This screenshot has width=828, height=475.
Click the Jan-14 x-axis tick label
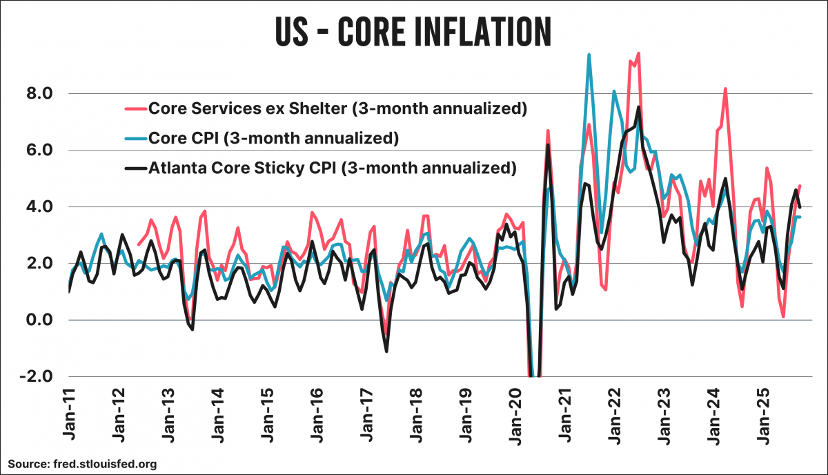click(218, 415)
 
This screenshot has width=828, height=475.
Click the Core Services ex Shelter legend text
click(338, 108)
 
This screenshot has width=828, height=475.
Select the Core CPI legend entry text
click(274, 138)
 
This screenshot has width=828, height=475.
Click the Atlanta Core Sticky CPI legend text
click(333, 168)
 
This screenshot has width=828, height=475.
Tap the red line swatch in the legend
click(135, 108)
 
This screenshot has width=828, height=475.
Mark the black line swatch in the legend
click(135, 168)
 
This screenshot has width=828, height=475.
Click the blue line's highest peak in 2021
click(589, 55)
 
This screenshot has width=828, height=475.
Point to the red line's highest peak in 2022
click(638, 53)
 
